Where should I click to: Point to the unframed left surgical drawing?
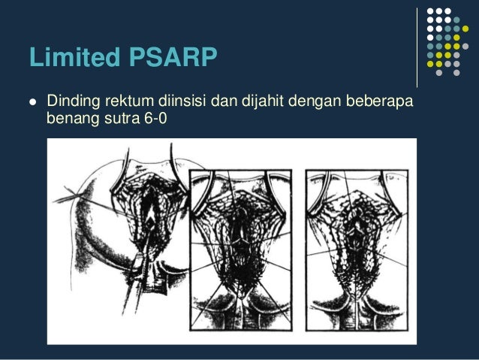(120, 241)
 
